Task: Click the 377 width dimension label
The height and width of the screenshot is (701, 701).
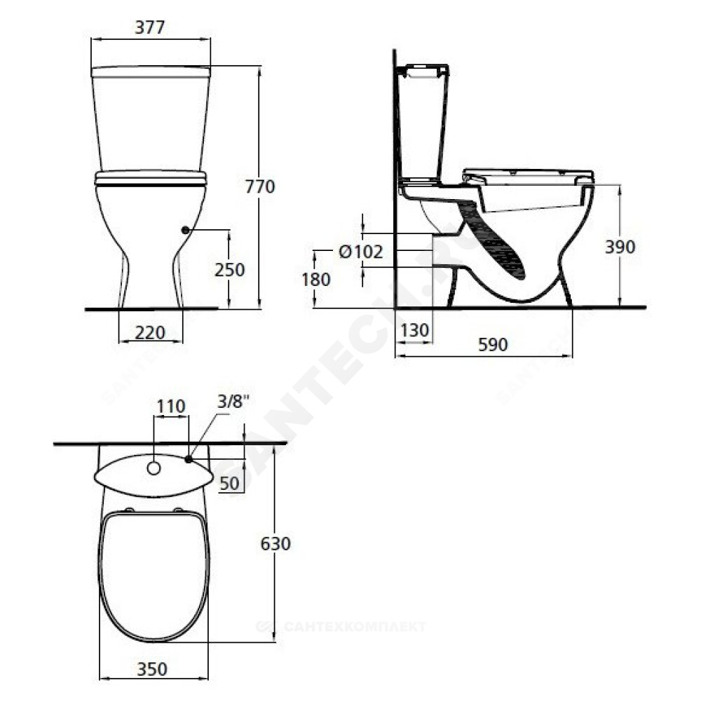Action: click(x=150, y=27)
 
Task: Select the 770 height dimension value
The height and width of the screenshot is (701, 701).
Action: click(x=260, y=186)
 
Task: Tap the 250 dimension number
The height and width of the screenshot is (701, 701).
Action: click(x=229, y=270)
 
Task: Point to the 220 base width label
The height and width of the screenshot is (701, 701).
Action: click(x=150, y=332)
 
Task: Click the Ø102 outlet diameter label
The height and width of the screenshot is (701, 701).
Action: click(x=361, y=252)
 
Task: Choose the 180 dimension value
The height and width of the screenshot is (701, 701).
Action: click(x=315, y=280)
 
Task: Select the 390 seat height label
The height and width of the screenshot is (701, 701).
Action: click(x=620, y=247)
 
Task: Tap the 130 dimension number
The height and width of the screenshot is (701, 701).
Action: click(x=414, y=330)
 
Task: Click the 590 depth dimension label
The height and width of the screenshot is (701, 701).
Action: click(x=493, y=344)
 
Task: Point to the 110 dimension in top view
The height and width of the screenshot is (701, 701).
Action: click(x=171, y=407)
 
